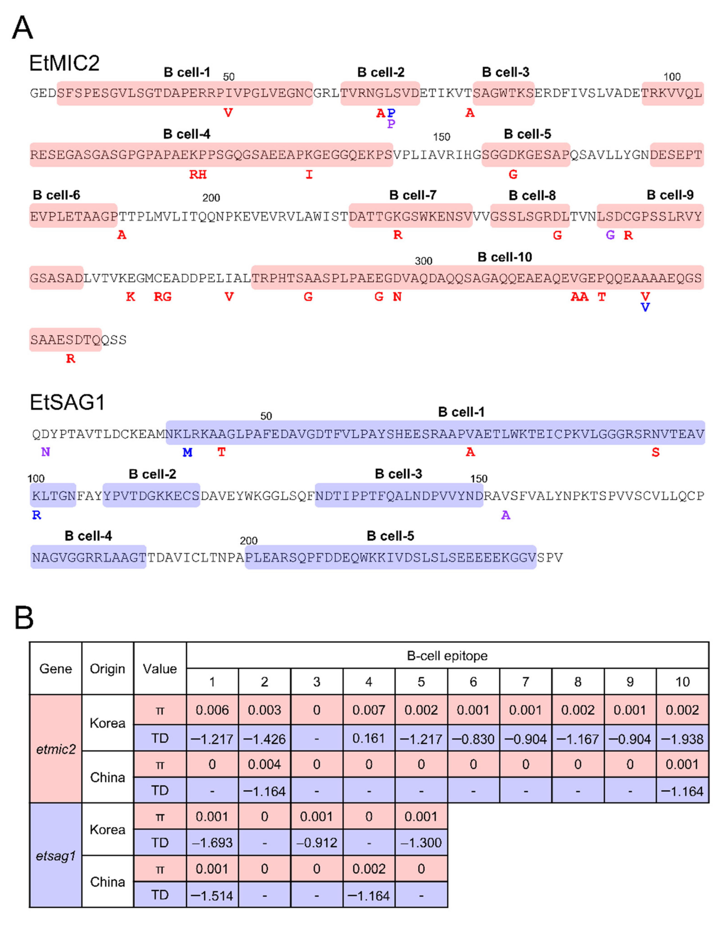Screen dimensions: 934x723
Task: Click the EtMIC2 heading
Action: click(x=64, y=63)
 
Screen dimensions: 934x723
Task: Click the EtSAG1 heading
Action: click(x=67, y=402)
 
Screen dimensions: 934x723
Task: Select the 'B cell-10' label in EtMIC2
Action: click(x=505, y=257)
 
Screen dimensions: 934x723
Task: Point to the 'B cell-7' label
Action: click(x=413, y=195)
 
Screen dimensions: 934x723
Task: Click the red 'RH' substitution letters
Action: click(x=198, y=175)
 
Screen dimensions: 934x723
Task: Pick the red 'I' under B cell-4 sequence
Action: click(x=309, y=175)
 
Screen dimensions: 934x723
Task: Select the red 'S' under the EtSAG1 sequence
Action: click(x=655, y=452)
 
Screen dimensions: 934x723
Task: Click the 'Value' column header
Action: click(x=160, y=668)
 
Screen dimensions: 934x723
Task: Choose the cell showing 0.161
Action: click(x=369, y=739)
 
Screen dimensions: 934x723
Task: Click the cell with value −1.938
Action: click(x=682, y=739)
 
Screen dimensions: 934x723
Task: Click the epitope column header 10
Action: click(x=682, y=682)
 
